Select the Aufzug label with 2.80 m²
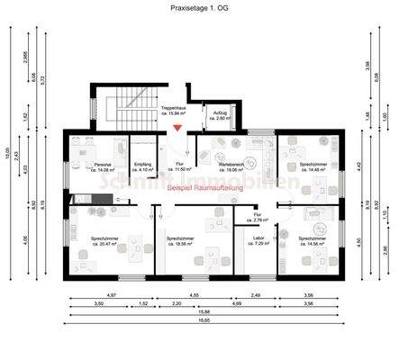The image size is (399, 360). (x=220, y=114)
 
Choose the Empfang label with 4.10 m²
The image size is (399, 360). (x=142, y=167)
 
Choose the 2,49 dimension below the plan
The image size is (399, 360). (x=255, y=295)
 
